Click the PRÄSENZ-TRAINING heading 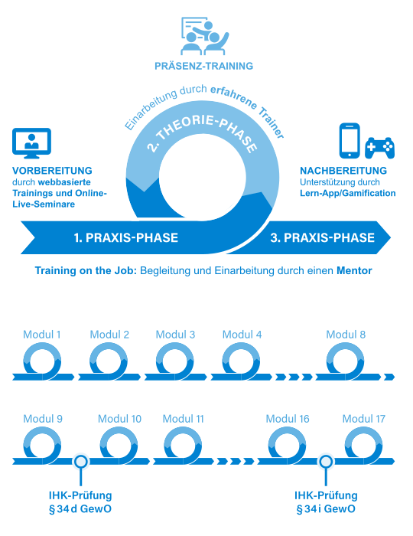(203, 66)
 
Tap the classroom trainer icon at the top (204, 36)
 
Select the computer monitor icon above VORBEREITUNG (32, 143)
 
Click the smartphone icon (350, 141)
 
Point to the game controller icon (379, 148)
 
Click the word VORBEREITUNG (52, 171)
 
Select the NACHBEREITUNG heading (343, 171)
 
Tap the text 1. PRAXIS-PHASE (126, 237)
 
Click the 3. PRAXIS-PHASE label (323, 237)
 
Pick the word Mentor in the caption (354, 271)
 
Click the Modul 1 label (42, 335)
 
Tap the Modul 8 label (346, 335)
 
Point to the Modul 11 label (184, 419)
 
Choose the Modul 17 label (364, 419)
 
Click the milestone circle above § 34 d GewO (81, 462)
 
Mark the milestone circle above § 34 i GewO (326, 462)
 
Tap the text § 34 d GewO (80, 509)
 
